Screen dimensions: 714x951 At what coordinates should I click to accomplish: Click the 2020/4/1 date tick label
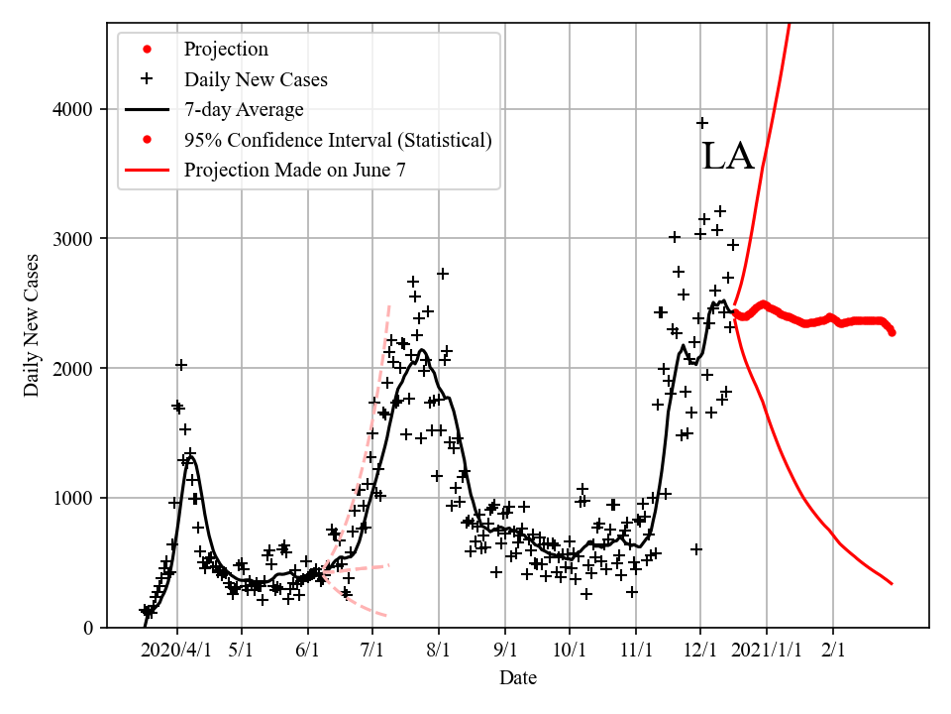[x=176, y=651]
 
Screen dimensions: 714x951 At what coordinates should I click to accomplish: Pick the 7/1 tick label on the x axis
[x=373, y=651]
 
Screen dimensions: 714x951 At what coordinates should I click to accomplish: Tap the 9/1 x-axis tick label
[x=505, y=651]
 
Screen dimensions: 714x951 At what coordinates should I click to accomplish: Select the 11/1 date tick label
[x=636, y=651]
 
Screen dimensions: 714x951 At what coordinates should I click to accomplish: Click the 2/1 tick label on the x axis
[x=833, y=651]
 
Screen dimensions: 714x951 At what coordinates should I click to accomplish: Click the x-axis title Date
[x=518, y=678]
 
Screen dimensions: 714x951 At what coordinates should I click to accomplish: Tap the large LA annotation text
[x=728, y=157]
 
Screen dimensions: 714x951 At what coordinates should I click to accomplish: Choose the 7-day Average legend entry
[x=244, y=109]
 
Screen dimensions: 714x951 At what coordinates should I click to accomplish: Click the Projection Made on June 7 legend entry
[x=294, y=171]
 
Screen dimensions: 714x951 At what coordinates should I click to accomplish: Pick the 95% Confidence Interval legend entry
[x=338, y=140]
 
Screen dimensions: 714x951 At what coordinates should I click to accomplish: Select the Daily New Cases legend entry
[x=256, y=79]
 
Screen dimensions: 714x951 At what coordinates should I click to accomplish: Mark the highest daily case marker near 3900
[x=702, y=123]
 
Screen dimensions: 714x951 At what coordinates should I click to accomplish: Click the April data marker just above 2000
[x=181, y=365]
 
